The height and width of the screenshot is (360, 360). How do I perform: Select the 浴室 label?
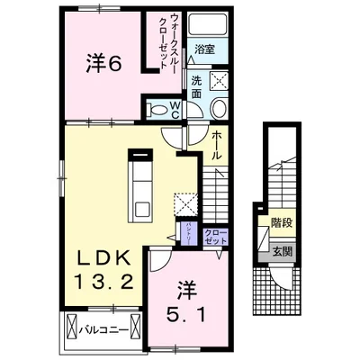click(x=205, y=49)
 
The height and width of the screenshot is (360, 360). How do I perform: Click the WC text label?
click(x=176, y=107)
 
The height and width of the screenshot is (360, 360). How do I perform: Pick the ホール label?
click(x=217, y=144)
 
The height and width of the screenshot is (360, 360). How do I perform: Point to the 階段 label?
click(x=269, y=221)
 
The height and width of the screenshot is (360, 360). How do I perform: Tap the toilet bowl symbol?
click(x=159, y=110)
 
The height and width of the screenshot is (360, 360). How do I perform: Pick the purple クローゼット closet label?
click(x=217, y=238)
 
